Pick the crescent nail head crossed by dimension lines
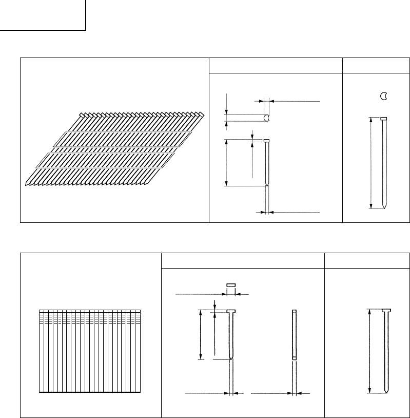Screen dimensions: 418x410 coord(266,118)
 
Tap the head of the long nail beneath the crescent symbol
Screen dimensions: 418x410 coord(383,119)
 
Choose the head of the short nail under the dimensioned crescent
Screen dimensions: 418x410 coord(266,140)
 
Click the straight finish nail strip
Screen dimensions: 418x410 coord(90,351)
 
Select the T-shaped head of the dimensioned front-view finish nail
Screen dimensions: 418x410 coord(231,311)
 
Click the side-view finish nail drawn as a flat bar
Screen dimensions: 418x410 coord(294,334)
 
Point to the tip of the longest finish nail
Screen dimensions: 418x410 coord(386,391)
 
